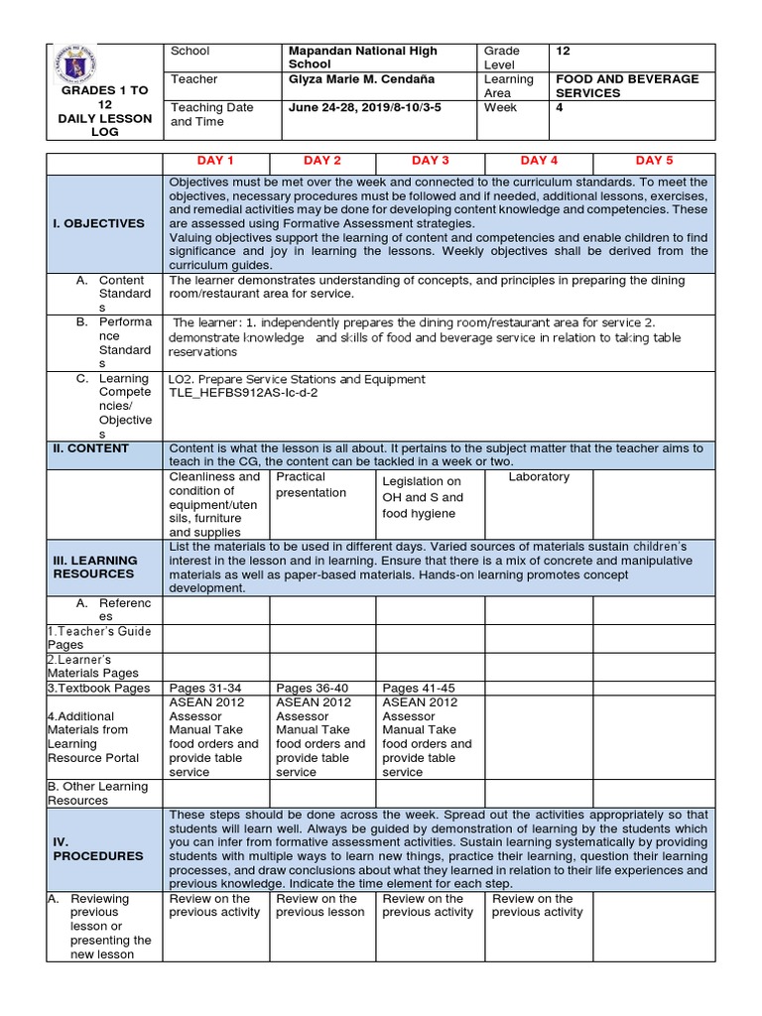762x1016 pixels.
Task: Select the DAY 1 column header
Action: [215, 161]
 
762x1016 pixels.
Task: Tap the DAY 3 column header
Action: [431, 161]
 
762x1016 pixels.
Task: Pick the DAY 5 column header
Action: [654, 161]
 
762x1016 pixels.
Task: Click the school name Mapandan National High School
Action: [362, 58]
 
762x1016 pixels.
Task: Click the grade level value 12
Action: [564, 51]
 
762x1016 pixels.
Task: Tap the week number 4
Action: [560, 107]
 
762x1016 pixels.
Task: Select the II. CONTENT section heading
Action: [91, 448]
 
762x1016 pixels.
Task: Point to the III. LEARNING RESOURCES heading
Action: [94, 568]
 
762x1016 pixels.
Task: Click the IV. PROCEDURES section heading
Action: [98, 848]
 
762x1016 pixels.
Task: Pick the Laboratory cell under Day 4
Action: [539, 477]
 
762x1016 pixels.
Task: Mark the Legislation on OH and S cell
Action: [423, 497]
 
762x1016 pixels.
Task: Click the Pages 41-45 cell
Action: [419, 689]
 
